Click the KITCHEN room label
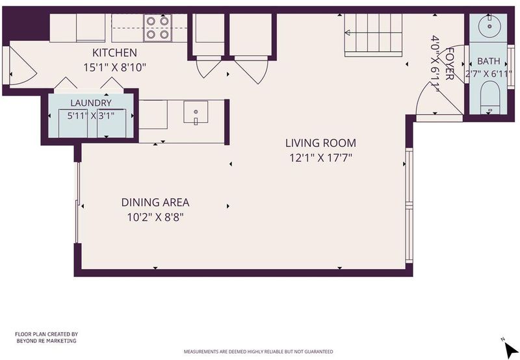pos(114,53)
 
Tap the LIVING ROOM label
pos(320,143)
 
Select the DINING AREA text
pos(155,202)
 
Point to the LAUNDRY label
pos(91,103)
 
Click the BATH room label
pos(489,61)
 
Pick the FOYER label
pos(449,63)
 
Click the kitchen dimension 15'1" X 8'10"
pos(115,68)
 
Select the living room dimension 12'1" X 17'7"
pos(320,158)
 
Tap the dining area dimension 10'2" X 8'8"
pos(155,218)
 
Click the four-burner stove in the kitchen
pos(157,28)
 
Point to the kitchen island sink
pos(196,112)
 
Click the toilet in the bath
pos(489,97)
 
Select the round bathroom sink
pos(489,27)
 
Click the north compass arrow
pos(510,349)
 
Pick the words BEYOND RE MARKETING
pos(46,341)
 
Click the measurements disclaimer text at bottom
pos(258,352)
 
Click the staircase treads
pos(373,35)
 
